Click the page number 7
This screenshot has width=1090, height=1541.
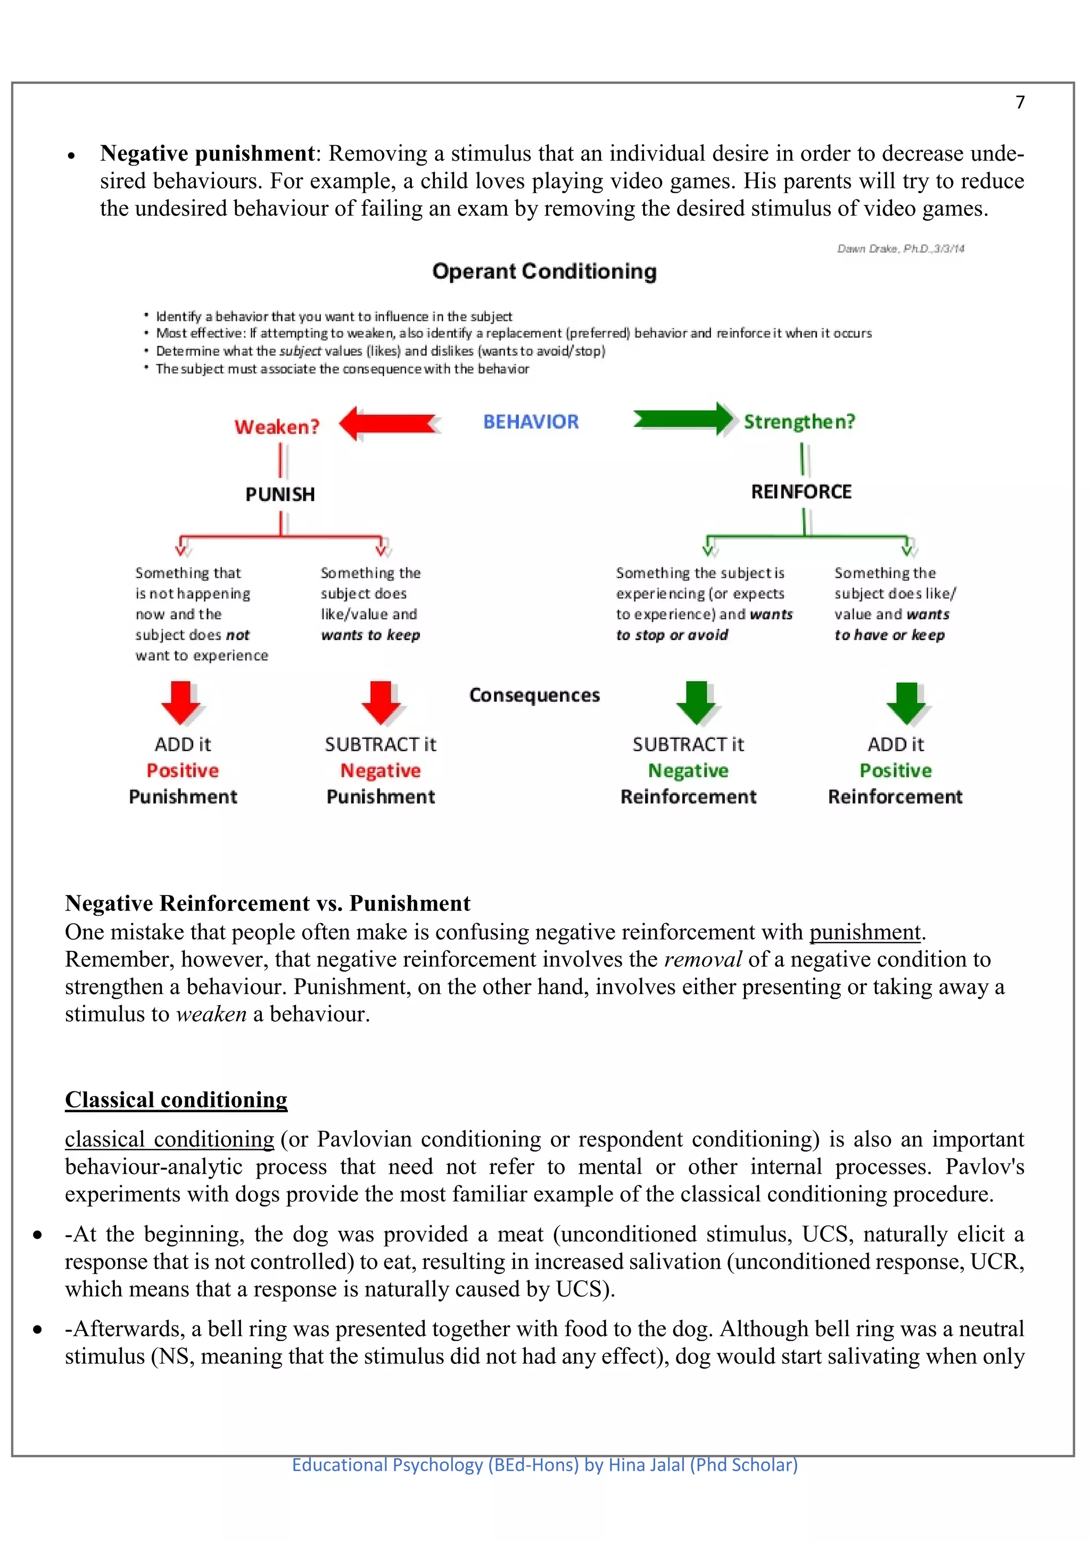1020,102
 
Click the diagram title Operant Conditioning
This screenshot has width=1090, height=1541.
544,271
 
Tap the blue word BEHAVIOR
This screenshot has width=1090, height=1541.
531,421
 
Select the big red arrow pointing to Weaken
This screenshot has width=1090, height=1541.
388,424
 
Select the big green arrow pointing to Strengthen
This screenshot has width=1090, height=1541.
683,419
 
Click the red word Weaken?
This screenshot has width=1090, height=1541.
277,427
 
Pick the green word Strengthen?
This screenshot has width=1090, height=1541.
799,421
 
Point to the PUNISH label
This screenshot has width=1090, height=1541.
280,495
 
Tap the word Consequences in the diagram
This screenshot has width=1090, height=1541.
534,695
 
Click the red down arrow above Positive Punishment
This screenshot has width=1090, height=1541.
180,703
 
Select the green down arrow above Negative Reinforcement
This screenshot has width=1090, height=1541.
696,703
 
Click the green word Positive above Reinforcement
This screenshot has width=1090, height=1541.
895,770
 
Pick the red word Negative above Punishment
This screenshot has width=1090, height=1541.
380,770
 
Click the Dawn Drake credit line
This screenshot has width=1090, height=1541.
900,249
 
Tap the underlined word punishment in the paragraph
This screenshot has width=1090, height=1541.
864,932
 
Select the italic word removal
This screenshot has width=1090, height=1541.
702,960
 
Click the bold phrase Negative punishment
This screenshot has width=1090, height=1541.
207,154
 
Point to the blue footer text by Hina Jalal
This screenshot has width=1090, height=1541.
544,1464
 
